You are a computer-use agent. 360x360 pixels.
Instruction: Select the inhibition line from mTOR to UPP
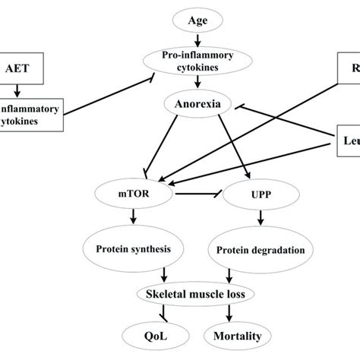point(200,195)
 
